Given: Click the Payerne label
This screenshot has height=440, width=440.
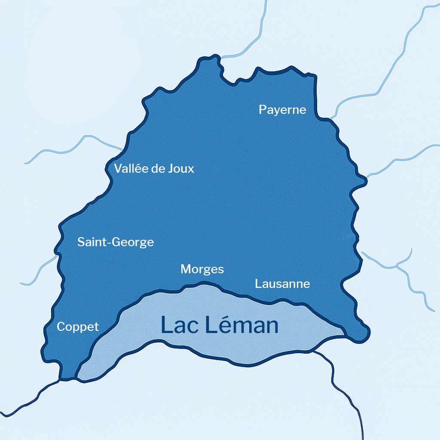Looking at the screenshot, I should point(282,110).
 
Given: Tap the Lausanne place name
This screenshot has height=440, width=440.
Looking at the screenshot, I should point(282,284).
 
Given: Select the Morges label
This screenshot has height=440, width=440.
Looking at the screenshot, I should point(202,269).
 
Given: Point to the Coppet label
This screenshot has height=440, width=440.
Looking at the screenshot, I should point(78,327).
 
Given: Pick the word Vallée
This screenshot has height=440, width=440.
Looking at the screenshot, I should point(130,168).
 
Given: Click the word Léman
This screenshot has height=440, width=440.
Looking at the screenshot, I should point(241,325).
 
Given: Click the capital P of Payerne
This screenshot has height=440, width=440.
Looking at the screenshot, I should point(262,110).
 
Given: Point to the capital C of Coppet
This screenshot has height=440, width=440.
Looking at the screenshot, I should point(61,327).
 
